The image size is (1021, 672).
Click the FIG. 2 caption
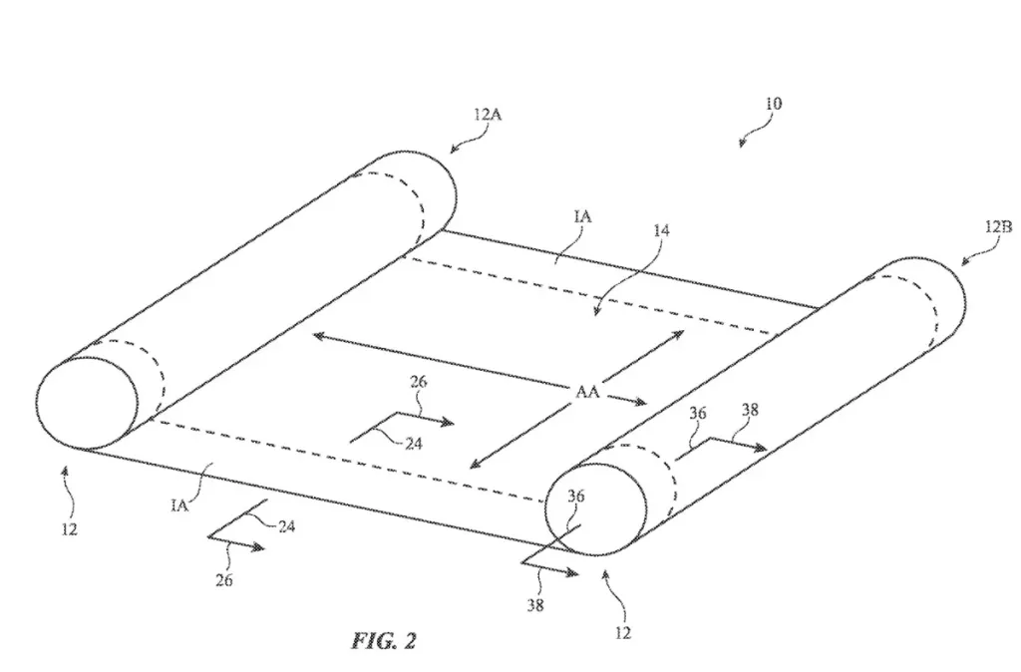383,640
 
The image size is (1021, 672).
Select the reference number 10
773,104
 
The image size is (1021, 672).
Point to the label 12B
998,227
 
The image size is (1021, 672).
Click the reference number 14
661,230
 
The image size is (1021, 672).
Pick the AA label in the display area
587,392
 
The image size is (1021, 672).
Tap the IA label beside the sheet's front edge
180,505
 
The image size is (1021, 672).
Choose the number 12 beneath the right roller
623,632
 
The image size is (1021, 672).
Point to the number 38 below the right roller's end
535,603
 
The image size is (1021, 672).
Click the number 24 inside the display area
412,444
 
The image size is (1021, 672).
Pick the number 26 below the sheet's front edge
224,580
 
